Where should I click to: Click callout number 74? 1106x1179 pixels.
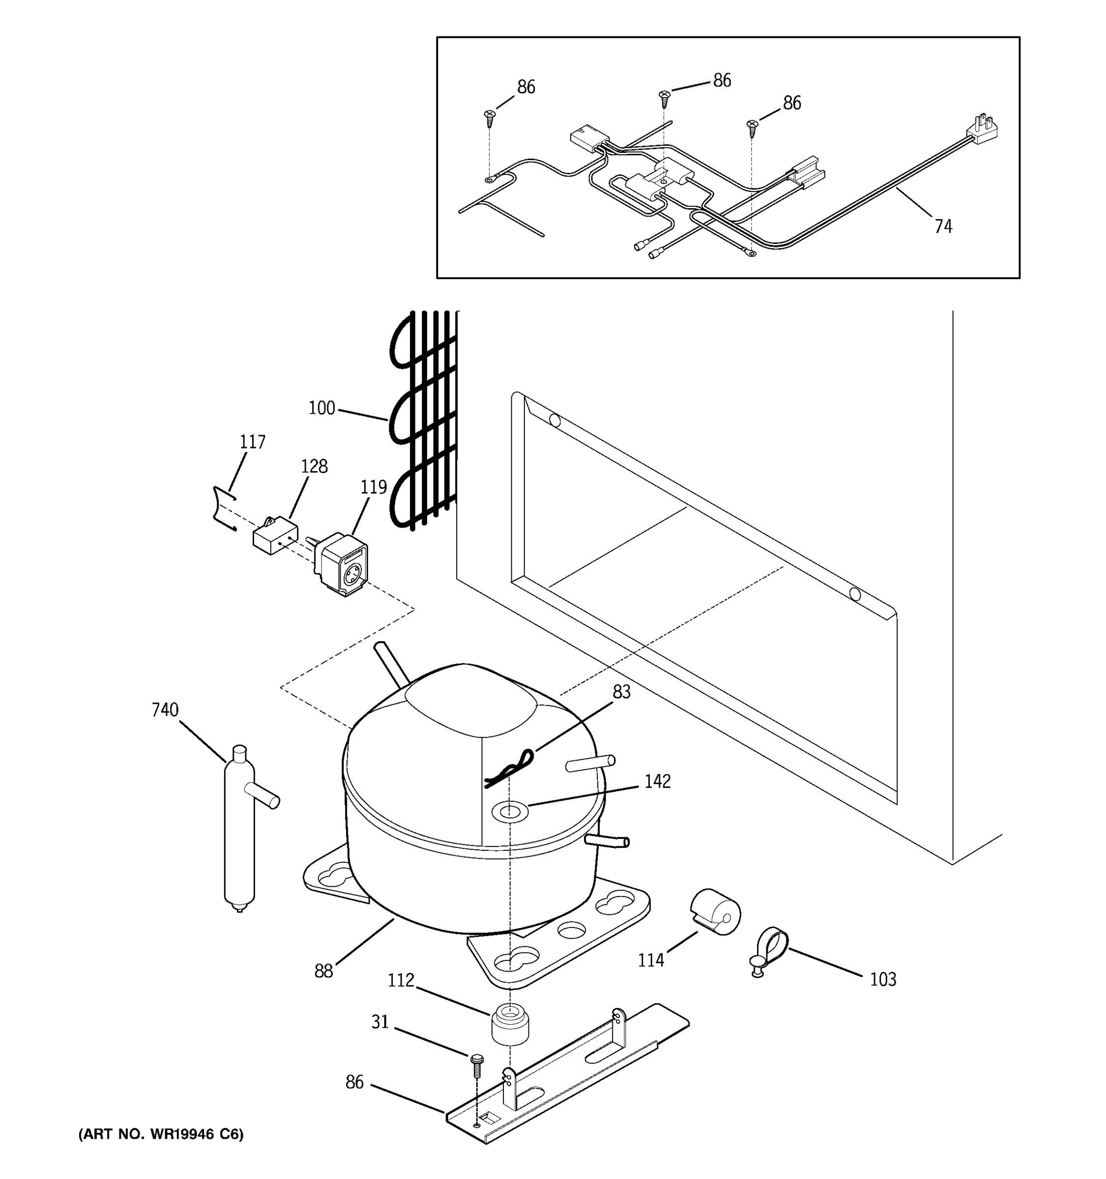[x=943, y=226]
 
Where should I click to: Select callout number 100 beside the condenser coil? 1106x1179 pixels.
[x=321, y=408]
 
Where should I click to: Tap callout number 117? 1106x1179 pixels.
[x=252, y=442]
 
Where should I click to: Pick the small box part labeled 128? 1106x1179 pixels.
[x=275, y=535]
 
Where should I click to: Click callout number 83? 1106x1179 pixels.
[x=621, y=692]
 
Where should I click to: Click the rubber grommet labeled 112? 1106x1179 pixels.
[x=510, y=1025]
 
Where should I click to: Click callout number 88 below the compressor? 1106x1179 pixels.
[x=323, y=971]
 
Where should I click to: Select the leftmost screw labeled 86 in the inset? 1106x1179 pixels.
[x=490, y=118]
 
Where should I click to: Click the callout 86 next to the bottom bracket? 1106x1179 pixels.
[x=354, y=1082]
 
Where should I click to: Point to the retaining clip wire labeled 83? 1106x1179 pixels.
[x=508, y=769]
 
